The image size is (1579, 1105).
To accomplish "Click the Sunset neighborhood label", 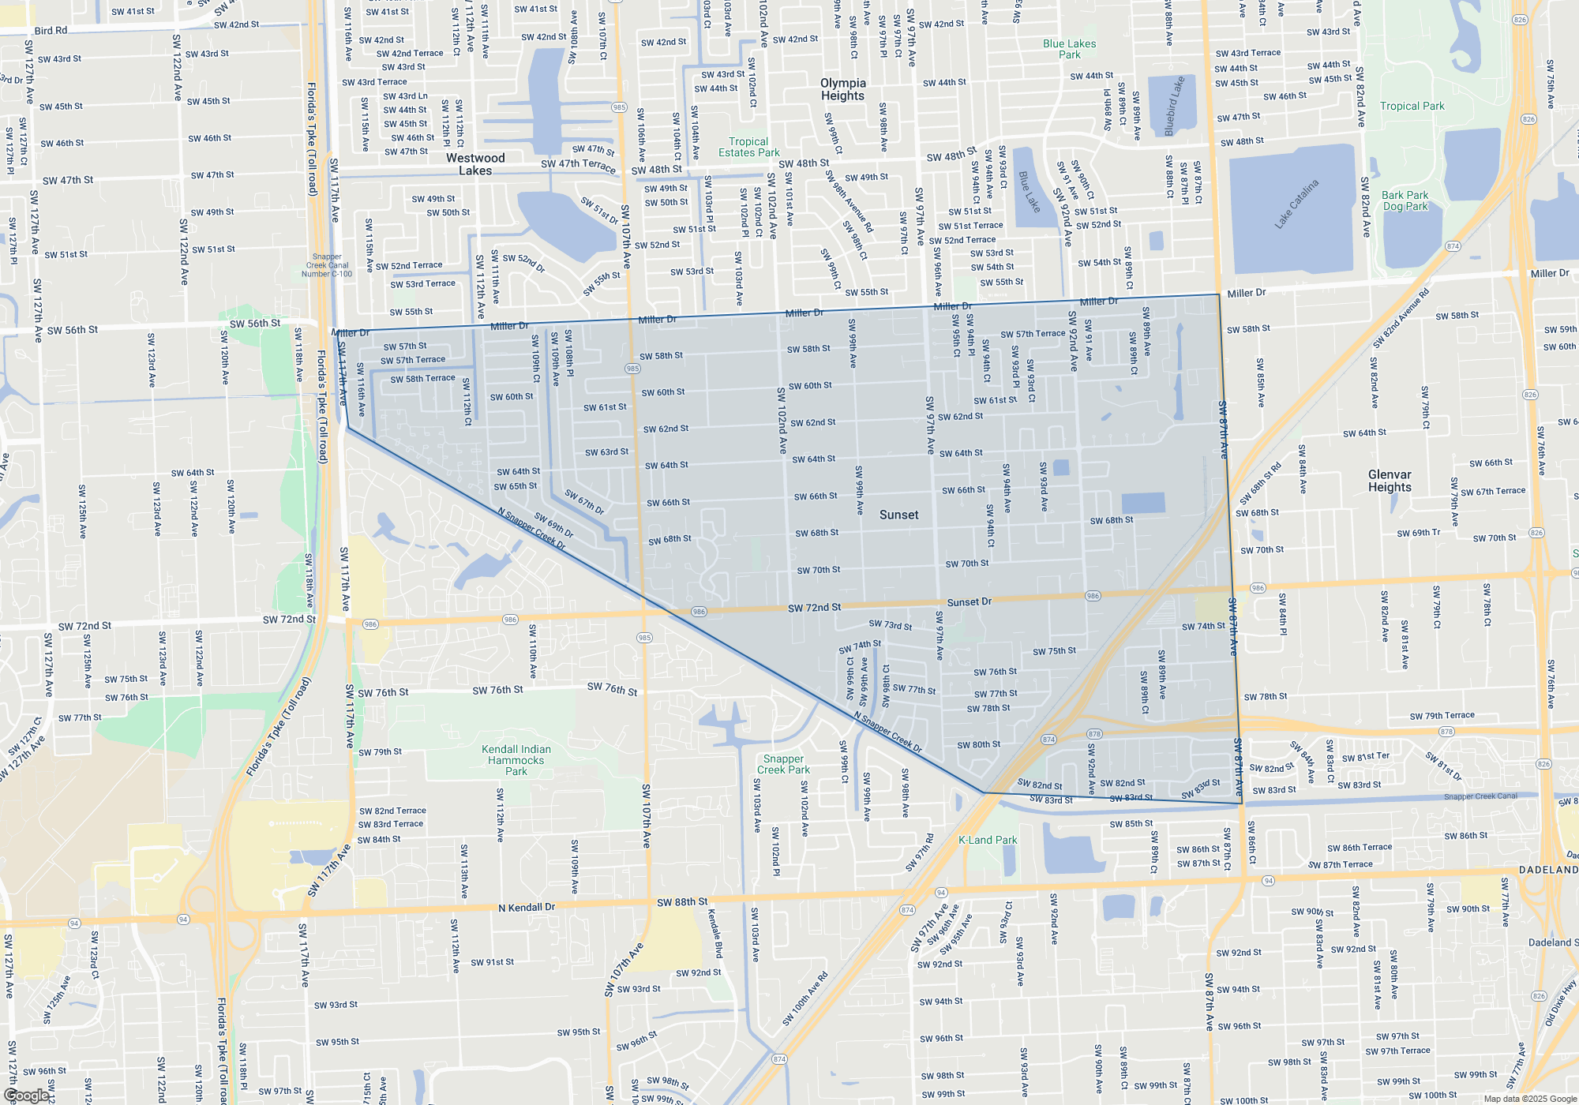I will pos(898,515).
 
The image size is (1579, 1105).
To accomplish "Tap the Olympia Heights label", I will pos(843,89).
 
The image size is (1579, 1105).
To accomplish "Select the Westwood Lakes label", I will pos(474,164).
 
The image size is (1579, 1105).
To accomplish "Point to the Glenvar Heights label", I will pos(1390,481).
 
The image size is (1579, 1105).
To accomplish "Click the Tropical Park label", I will pos(1412,106).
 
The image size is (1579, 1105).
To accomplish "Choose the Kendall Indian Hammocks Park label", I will pos(516,760).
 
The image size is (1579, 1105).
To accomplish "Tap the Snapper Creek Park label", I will pos(783,764).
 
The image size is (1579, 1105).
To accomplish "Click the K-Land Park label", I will pos(988,840).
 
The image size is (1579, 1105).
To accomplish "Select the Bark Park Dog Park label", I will pos(1405,200).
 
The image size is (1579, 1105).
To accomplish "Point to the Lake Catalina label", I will pos(1296,204).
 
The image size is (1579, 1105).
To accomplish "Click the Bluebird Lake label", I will pos(1175,106).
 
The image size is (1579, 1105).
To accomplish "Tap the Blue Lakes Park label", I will pos(1069,49).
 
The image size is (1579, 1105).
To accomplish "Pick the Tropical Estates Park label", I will pos(748,147).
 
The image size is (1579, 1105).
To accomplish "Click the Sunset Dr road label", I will pos(969,601).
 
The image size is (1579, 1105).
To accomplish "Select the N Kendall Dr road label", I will pos(527,908).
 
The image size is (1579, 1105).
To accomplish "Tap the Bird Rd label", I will pos(51,31).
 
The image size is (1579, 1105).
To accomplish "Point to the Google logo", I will pos(27,1096).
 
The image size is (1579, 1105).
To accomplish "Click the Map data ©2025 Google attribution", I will pos(1529,1099).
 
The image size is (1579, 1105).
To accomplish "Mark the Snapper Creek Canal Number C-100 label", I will pos(327,265).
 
